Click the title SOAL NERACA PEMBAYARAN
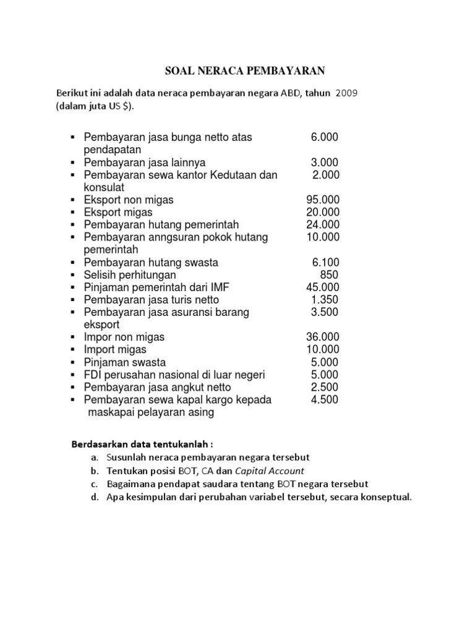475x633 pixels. point(244,70)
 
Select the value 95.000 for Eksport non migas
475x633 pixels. point(322,200)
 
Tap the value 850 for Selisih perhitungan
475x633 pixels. point(329,274)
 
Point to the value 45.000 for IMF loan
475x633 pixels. point(322,287)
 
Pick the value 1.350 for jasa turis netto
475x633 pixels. point(325,300)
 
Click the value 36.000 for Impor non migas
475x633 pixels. point(322,338)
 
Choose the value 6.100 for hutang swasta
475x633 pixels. point(325,262)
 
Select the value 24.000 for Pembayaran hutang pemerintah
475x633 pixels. point(322,224)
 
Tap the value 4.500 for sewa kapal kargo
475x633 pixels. point(325,399)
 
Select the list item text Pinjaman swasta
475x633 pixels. point(125,362)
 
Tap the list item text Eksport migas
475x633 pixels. point(118,212)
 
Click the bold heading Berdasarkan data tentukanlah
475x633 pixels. point(142,444)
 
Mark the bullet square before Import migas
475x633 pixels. point(72,350)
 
